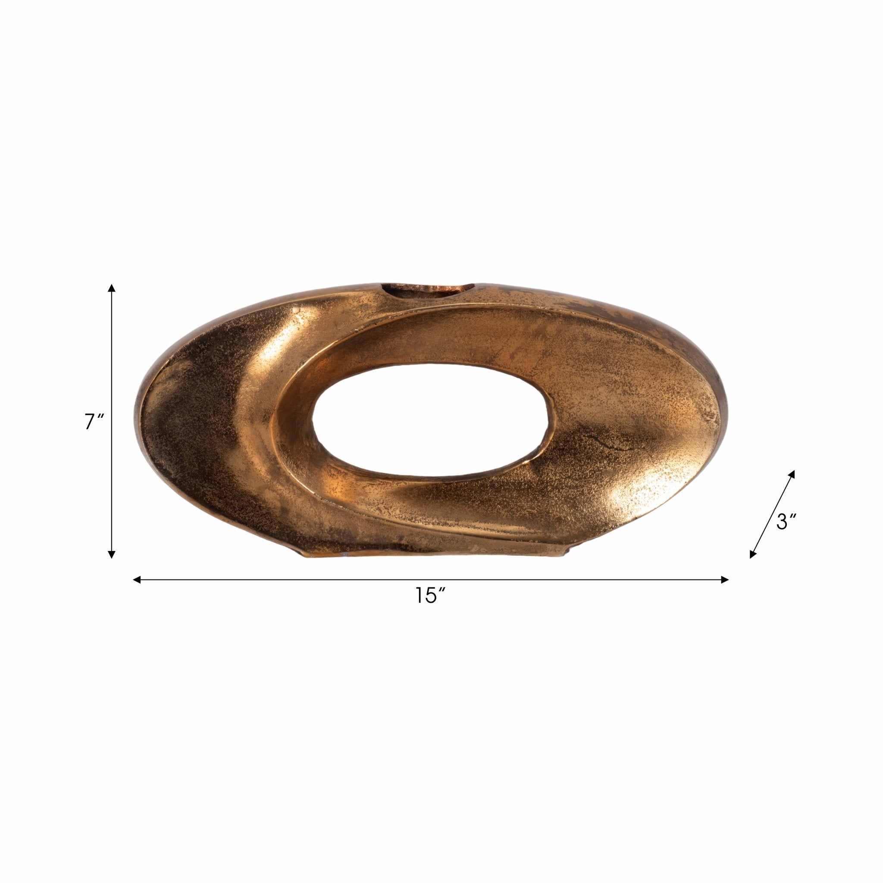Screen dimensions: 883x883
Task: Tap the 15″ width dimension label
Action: (430, 595)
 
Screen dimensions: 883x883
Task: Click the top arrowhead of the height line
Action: (112, 288)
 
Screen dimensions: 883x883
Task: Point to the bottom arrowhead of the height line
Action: (111, 554)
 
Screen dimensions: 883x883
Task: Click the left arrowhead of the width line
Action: (137, 580)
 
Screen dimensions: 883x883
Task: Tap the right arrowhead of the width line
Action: (724, 580)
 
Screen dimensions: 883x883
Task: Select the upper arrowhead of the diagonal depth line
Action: (792, 473)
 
